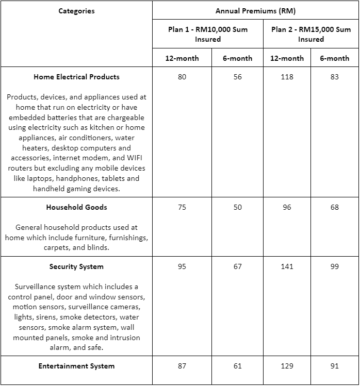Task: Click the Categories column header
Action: [x=76, y=11]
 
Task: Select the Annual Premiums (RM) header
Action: [x=255, y=11]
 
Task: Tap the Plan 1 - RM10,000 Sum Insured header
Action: [x=208, y=34]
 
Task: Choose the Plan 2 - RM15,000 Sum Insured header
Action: [x=310, y=34]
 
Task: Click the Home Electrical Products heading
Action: [x=76, y=77]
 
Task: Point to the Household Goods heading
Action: [x=76, y=207]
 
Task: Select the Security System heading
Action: [x=76, y=266]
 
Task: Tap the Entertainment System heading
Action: [x=76, y=366]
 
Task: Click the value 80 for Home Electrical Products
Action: [x=182, y=77]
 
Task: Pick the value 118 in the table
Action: [x=287, y=77]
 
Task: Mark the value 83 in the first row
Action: [x=335, y=77]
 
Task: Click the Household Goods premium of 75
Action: [x=182, y=207]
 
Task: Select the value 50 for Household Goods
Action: [x=237, y=207]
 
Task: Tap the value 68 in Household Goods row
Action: [x=335, y=207]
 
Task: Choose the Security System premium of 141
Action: [x=287, y=266]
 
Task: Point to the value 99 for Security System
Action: [x=335, y=266]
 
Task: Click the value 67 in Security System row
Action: [x=237, y=266]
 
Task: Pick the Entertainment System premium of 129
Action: [x=287, y=366]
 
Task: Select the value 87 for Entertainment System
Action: [x=182, y=366]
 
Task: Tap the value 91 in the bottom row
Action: [x=335, y=366]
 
